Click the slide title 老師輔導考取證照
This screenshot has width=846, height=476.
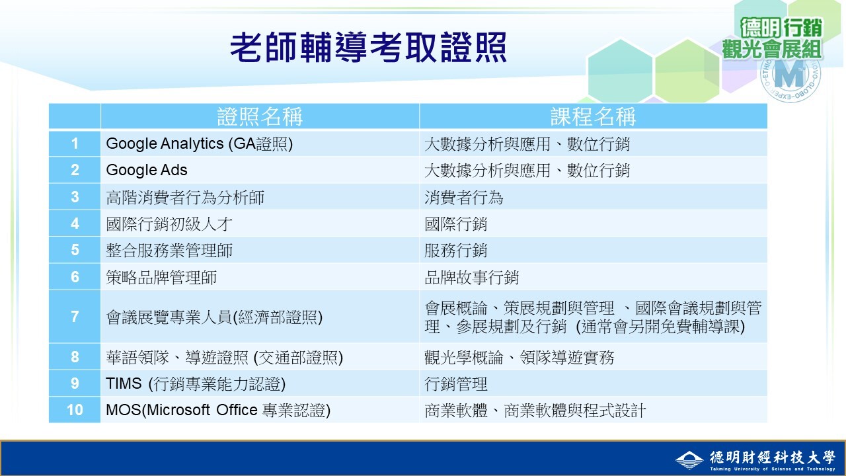point(368,48)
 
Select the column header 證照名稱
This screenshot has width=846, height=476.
point(260,117)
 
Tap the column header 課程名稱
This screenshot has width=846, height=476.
point(593,117)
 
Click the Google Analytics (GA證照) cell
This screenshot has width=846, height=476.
point(199,143)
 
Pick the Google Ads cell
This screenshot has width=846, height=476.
point(147,170)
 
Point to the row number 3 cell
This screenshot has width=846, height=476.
point(75,197)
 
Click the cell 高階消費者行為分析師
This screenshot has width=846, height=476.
point(185,197)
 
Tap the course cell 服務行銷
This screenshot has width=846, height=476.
point(455,251)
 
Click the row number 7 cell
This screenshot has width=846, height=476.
point(75,317)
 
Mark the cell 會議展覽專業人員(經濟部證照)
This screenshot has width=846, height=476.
point(214,317)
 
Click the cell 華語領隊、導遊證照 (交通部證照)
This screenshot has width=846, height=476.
point(224,358)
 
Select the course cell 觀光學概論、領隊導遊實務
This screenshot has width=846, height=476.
point(519,358)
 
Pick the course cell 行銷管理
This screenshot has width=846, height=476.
point(455,384)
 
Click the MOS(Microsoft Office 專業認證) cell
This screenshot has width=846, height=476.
point(218,411)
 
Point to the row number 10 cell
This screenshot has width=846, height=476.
point(75,411)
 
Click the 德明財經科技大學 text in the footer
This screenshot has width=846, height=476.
point(772,457)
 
